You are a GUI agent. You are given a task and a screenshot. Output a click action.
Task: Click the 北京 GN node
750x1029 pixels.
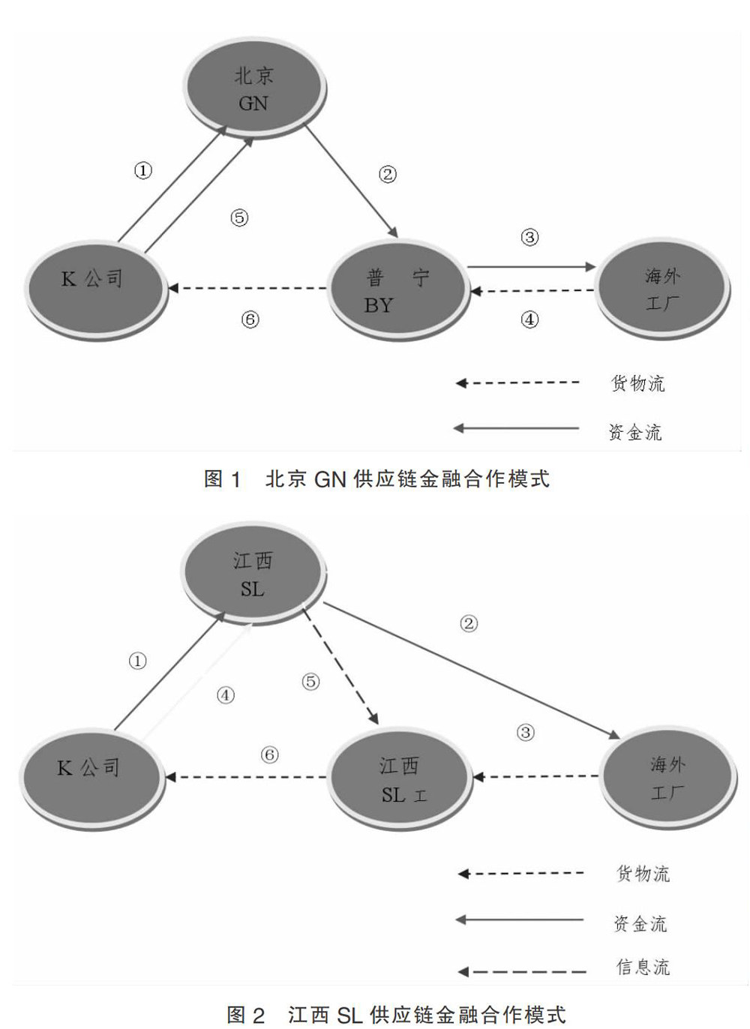254,88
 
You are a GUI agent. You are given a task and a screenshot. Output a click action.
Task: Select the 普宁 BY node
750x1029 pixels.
397,290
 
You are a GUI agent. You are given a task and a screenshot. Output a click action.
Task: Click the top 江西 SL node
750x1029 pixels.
253,574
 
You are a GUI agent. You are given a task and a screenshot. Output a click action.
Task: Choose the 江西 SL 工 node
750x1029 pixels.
400,778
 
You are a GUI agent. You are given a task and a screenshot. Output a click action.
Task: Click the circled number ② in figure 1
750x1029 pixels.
387,175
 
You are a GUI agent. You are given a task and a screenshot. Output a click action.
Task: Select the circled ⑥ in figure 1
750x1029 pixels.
250,319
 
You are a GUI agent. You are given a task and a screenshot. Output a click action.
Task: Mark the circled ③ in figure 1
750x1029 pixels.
529,238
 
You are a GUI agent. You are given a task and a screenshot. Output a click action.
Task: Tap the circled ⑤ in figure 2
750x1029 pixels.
310,682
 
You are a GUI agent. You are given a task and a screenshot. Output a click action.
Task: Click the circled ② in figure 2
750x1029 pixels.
469,623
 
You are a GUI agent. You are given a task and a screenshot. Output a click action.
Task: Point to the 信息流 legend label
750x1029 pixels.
643,967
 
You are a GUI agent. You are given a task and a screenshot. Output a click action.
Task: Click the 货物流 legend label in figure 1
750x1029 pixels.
637,383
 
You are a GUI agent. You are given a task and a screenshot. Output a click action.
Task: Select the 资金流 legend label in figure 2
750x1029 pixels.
640,923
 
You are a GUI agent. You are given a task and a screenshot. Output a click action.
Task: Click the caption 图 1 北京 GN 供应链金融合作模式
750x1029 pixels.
376,479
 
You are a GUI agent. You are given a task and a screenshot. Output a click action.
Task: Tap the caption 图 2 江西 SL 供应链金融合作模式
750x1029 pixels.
396,1015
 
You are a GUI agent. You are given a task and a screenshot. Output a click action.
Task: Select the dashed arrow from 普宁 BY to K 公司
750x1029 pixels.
247,288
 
